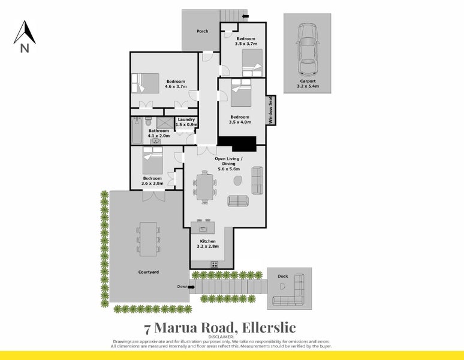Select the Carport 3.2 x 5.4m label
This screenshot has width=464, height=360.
pos(308,83)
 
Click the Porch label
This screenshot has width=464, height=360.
pos(203,31)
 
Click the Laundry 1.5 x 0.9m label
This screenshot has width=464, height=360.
pos(186,122)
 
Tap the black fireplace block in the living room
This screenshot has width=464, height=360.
pos(237,144)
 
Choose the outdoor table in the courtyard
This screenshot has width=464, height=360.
pos(147,239)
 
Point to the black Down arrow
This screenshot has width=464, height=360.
pos(191,287)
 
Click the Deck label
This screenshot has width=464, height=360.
pos(282,277)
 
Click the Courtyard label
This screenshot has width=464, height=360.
pos(148,272)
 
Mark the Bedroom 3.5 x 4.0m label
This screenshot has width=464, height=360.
pos(240,119)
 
